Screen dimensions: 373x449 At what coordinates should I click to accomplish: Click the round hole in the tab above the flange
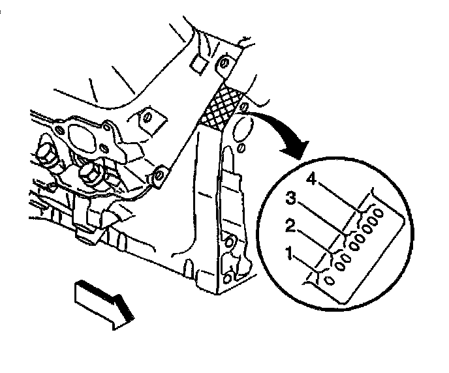click(147, 118)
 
